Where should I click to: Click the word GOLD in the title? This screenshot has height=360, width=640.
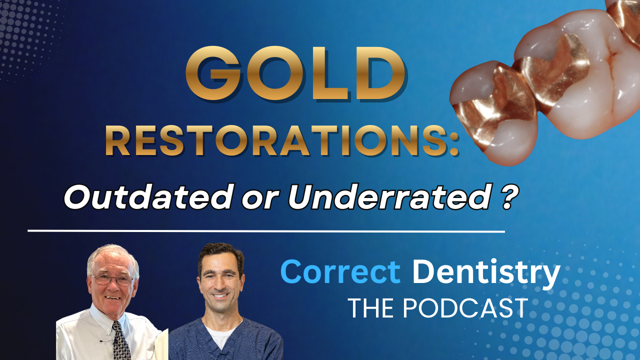(x=295, y=75)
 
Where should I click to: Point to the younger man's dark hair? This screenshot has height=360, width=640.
(x=220, y=253)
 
